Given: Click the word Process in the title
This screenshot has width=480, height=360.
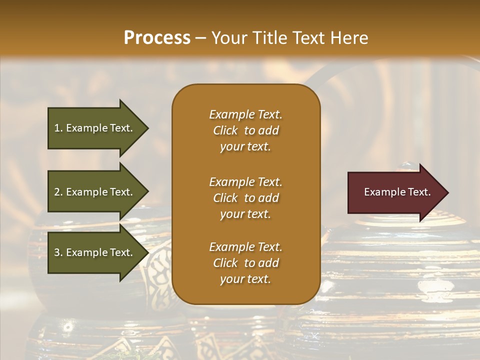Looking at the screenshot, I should point(157,37).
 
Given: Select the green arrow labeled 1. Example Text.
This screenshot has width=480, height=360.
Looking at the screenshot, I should point(95,128).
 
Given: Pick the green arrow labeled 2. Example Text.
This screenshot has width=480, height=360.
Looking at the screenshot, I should point(95,192).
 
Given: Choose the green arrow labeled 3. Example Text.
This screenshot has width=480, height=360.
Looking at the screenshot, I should point(95,252).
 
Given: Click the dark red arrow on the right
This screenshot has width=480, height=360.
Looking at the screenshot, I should point(395,192).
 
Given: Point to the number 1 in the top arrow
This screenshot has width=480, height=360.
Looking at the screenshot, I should point(57,128).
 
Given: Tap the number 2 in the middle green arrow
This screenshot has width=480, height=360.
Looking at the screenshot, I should point(57,192).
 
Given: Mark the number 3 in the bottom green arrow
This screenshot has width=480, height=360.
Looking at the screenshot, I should point(57,252).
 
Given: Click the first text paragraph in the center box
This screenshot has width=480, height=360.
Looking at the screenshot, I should point(245,130).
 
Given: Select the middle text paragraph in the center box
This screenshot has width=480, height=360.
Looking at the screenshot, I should point(245,198).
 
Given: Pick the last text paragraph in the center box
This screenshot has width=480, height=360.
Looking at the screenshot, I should point(245,263).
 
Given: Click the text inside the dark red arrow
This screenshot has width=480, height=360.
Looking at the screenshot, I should point(397,192).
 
